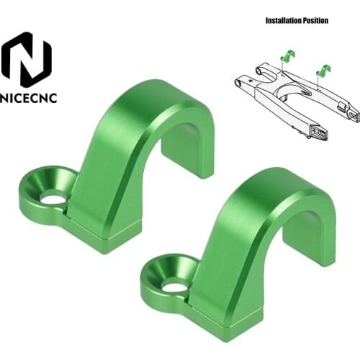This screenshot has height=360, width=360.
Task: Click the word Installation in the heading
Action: point(282,21)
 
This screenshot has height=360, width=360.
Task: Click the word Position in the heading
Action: point(315,21)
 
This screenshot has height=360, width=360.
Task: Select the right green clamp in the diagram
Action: point(323,71)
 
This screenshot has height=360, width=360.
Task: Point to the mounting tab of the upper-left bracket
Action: point(45,191)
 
